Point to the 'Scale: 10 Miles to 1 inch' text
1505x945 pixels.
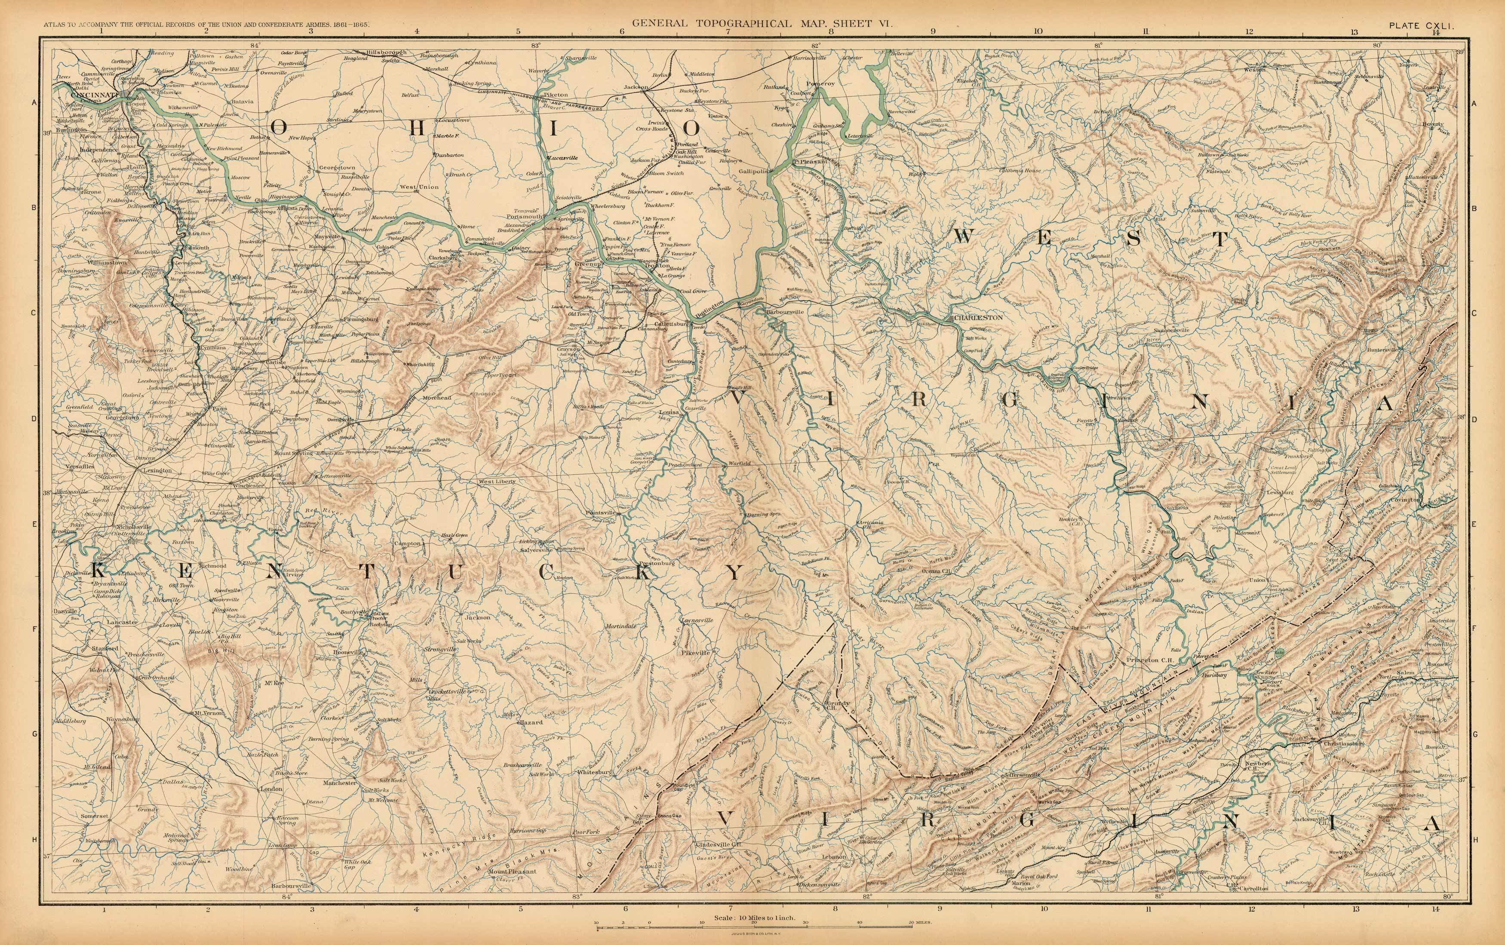pos(754,917)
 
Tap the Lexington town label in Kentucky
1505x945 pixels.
pos(157,470)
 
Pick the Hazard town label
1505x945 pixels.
pos(531,722)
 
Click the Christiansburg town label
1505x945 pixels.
pos(1350,744)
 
